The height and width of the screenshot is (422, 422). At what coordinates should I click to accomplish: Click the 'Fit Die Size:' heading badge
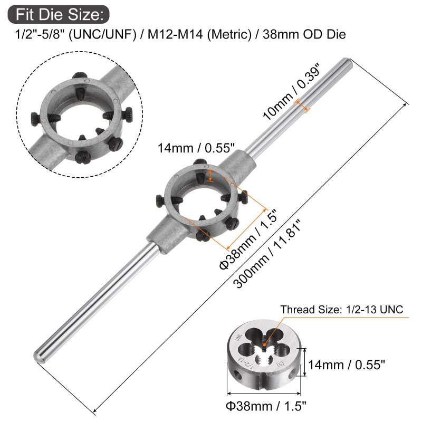click(x=59, y=14)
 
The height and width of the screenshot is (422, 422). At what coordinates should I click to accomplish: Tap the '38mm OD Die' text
click(x=304, y=35)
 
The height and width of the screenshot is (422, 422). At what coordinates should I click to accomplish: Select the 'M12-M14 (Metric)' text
click(x=199, y=35)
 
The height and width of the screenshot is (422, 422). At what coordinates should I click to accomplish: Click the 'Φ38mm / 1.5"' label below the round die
click(x=266, y=406)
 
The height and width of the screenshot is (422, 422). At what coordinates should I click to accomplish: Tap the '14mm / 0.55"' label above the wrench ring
click(x=196, y=148)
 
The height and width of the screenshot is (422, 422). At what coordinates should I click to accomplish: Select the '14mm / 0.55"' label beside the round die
click(x=347, y=365)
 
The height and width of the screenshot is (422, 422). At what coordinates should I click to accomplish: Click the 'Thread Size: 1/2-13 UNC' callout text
click(x=342, y=310)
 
